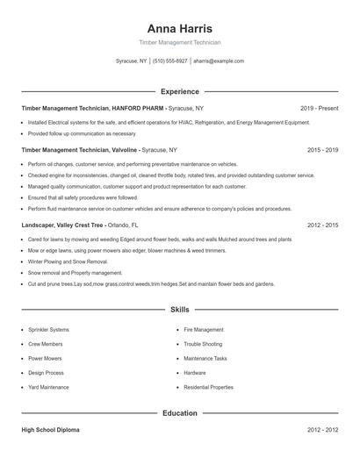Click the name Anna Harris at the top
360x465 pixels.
click(179, 28)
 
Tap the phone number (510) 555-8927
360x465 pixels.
click(170, 61)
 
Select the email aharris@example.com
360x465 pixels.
click(219, 61)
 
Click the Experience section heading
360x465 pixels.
click(179, 91)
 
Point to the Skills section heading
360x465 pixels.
click(179, 311)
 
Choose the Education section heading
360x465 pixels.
click(179, 413)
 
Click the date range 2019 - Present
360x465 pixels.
click(319, 108)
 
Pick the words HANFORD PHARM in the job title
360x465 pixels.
click(141, 108)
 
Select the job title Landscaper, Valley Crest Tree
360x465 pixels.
click(62, 225)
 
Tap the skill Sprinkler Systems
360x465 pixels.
click(48, 330)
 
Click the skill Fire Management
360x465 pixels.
click(204, 330)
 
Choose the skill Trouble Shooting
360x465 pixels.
click(203, 344)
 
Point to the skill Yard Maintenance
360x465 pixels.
click(48, 387)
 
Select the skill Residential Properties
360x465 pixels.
click(208, 387)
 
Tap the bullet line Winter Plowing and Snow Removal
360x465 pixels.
click(68, 261)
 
